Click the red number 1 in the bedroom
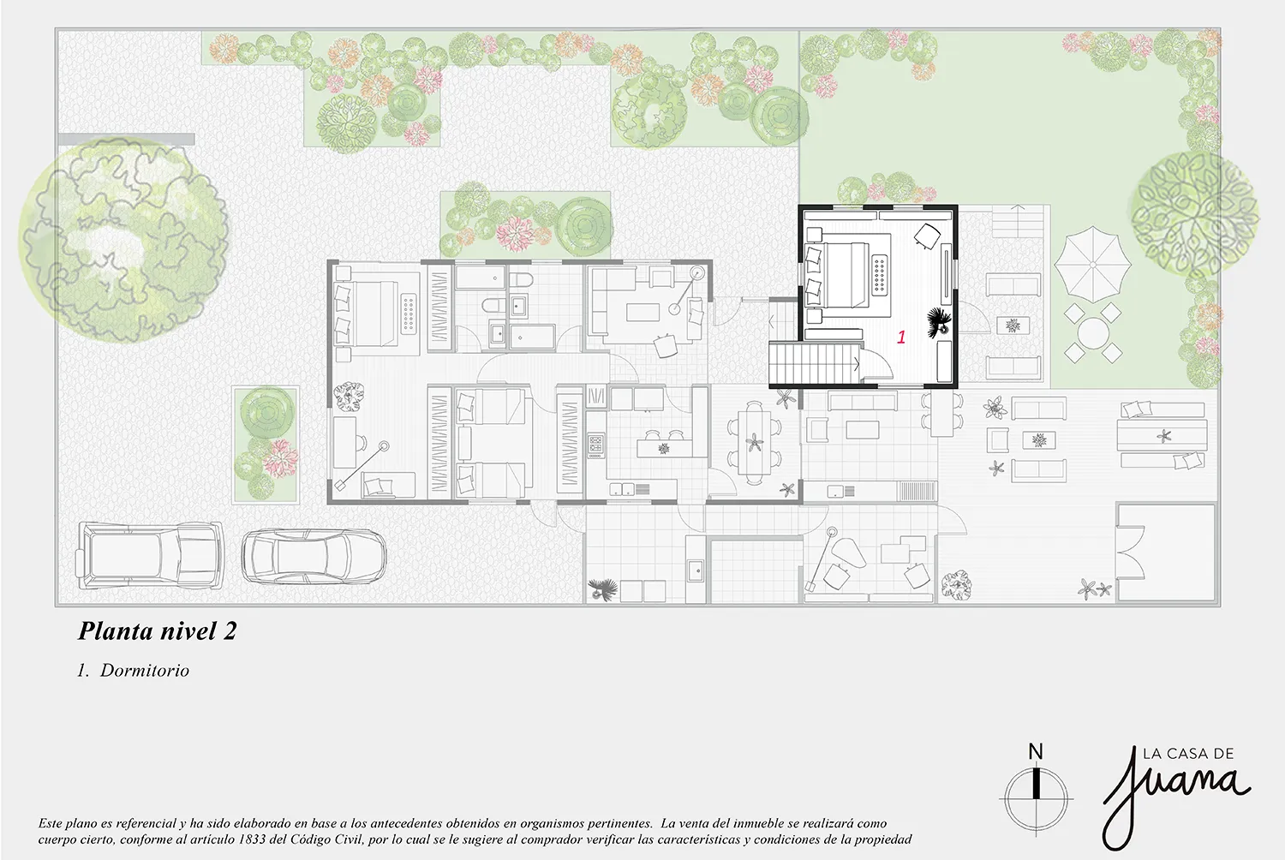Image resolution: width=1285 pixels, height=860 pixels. [901, 337]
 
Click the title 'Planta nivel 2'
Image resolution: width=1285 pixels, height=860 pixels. [157, 631]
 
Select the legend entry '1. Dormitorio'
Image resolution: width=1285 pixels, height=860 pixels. [133, 670]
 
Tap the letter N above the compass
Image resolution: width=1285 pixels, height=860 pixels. [1036, 751]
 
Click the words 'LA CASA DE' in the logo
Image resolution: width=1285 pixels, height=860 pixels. [1189, 754]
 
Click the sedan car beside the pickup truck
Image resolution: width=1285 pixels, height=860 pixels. [314, 556]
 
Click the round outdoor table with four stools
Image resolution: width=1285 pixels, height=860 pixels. [1093, 333]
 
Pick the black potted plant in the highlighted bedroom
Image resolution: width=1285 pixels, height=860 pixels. [939, 322]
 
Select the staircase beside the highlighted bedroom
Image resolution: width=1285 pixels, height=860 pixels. [815, 362]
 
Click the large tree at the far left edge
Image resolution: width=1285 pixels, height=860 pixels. [123, 240]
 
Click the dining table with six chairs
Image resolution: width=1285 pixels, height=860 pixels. [755, 442]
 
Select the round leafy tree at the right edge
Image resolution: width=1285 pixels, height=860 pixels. [1194, 217]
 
